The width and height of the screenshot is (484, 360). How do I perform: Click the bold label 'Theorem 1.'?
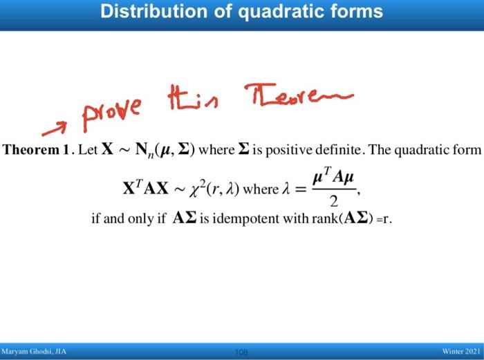[x=37, y=150]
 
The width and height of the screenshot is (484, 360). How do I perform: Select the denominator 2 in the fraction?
[x=335, y=202]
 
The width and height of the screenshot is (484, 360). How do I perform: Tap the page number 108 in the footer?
[x=241, y=352]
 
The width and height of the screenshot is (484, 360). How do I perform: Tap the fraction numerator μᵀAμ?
[x=335, y=177]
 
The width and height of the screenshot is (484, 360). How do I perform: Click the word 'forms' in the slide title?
[x=357, y=12]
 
